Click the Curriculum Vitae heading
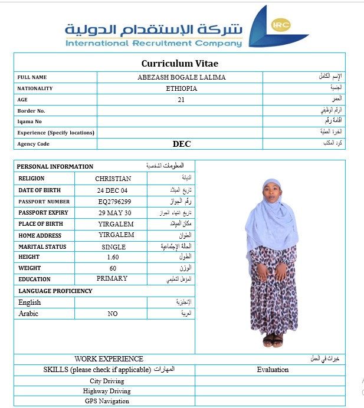[x=180, y=63]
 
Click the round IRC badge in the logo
[x=278, y=24]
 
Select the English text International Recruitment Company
[x=153, y=44]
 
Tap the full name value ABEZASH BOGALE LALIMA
[x=181, y=77]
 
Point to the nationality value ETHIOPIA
[x=182, y=88]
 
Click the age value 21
[x=181, y=100]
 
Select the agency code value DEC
[x=182, y=144]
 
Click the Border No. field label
[x=31, y=111]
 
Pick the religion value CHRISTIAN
[x=113, y=179]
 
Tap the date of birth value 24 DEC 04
[x=112, y=190]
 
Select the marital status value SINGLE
[x=113, y=247]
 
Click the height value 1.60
[x=113, y=257]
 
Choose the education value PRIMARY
[x=112, y=278]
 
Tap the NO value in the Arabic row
[x=113, y=314]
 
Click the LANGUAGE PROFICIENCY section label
[x=55, y=291]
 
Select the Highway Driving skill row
[x=107, y=391]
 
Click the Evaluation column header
[x=273, y=370]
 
